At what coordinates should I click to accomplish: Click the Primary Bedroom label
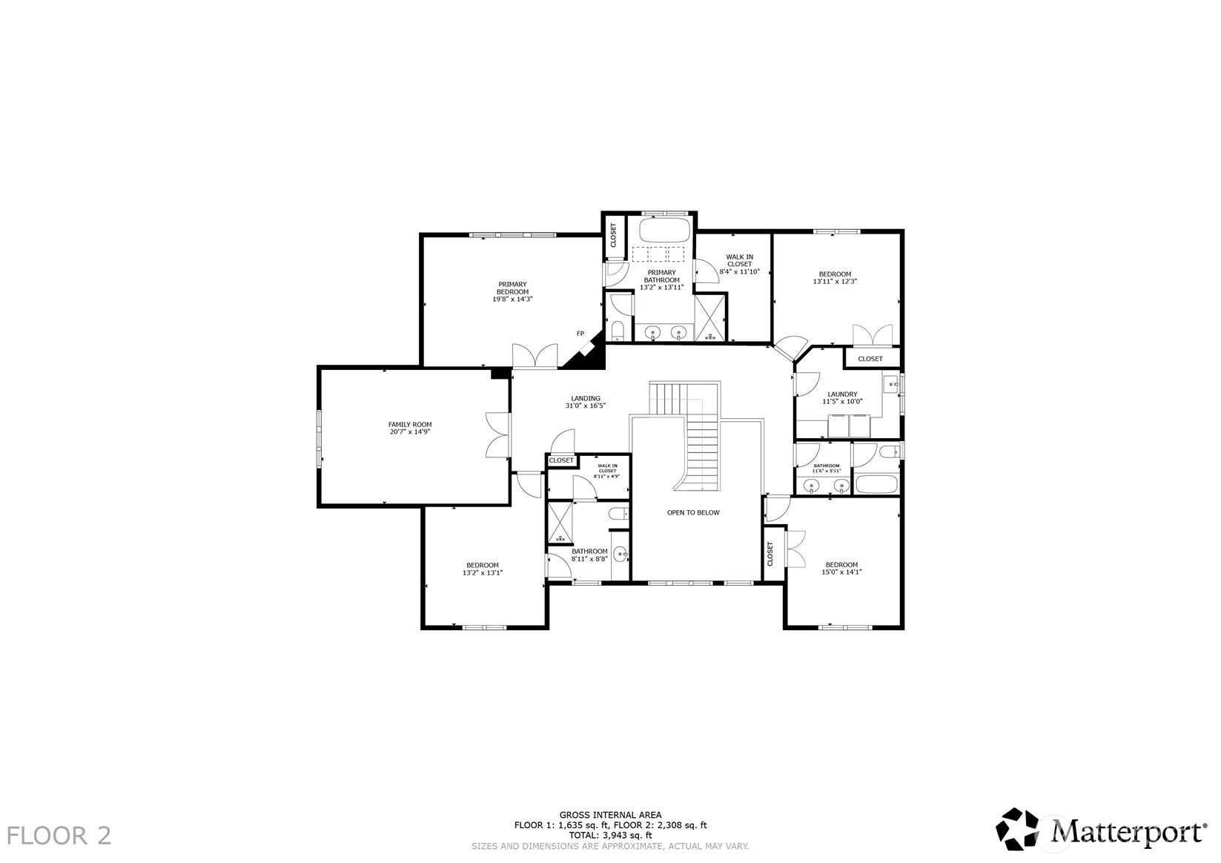click(x=512, y=288)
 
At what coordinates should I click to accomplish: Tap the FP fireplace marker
click(x=580, y=334)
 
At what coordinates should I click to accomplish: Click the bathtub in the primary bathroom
click(x=664, y=231)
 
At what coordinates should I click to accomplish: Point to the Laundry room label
click(x=842, y=394)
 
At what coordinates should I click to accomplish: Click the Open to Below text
click(x=692, y=512)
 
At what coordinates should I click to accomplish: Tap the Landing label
click(x=585, y=398)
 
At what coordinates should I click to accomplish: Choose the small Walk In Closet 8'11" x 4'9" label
click(x=607, y=470)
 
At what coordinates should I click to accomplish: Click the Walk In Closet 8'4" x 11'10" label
click(x=739, y=264)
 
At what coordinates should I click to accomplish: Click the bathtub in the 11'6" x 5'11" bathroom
click(x=876, y=485)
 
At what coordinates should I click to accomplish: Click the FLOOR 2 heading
click(x=60, y=836)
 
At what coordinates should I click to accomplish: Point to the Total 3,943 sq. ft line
click(x=610, y=835)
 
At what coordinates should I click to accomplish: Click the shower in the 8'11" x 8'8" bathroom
click(x=560, y=523)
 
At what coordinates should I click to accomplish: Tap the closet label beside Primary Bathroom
click(x=613, y=235)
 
